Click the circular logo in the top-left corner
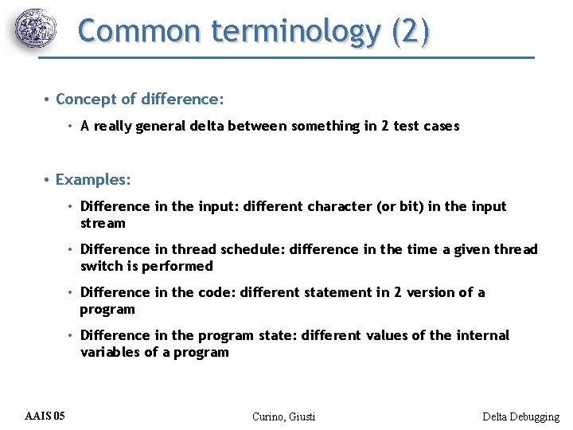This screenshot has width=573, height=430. tap(36, 30)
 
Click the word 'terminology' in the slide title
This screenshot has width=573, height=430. tap(294, 31)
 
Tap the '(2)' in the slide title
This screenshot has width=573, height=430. tap(411, 31)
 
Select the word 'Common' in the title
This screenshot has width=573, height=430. tap(140, 31)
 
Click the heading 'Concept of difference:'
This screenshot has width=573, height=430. tap(140, 100)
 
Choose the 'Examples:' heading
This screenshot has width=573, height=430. tap(93, 179)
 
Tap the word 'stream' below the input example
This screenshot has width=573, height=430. tap(103, 223)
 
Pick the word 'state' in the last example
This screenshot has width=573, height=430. tap(278, 335)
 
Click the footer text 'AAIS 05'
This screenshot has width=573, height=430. tap(45, 416)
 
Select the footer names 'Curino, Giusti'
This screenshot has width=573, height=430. tap(283, 416)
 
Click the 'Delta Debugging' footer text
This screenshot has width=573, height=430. tap(520, 416)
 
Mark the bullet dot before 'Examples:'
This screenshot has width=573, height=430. tap(48, 180)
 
